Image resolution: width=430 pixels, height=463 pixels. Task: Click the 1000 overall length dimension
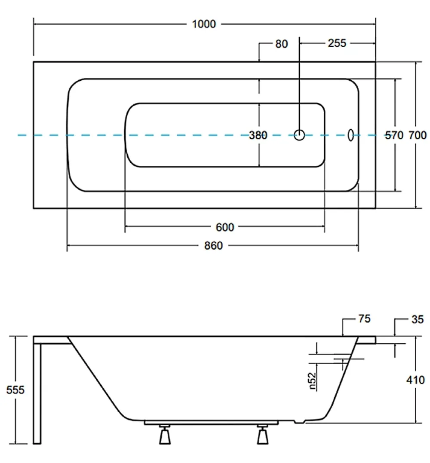204,24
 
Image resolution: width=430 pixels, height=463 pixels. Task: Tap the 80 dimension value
281,44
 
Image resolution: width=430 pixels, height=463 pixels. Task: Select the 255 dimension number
337,43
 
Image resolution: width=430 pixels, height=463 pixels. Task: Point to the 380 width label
258,135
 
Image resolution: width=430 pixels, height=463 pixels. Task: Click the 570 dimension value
394,135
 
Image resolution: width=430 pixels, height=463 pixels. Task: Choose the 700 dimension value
418,135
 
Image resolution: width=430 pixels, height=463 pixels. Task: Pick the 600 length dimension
225,227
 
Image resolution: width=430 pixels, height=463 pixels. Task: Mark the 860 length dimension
213,246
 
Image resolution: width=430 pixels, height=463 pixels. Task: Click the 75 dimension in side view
364,319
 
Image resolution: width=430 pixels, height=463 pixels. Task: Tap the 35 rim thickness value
418,319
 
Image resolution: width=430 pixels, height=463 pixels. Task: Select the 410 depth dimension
415,380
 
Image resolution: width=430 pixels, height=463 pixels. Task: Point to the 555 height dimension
15,390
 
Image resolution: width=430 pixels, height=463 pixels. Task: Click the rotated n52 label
312,381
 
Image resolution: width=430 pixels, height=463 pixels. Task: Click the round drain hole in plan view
299,135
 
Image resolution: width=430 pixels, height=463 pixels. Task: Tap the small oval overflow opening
351,135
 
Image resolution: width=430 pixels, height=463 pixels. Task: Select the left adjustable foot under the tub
165,435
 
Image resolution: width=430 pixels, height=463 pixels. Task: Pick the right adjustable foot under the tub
262,435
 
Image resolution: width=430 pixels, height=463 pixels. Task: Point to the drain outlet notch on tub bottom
300,421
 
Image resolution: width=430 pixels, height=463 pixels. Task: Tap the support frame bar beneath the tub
211,423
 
